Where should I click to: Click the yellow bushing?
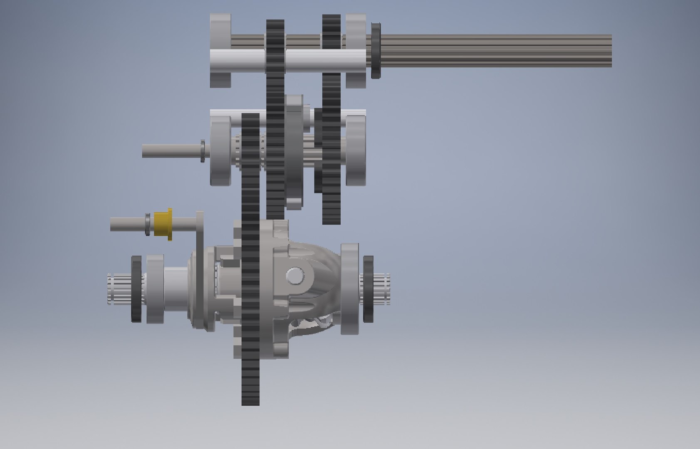[x=163, y=224]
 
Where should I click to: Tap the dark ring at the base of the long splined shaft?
[x=376, y=50]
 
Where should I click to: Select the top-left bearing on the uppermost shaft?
[x=220, y=51]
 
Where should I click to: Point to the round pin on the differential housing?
[x=295, y=275]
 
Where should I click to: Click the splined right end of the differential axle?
[x=381, y=289]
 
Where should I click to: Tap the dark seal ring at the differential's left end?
[x=137, y=289]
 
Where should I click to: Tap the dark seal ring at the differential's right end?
[x=368, y=289]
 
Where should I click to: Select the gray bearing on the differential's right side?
[x=350, y=289]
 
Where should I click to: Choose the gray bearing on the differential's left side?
[x=155, y=289]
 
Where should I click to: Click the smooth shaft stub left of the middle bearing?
[x=171, y=150]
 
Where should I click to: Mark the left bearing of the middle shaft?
[x=220, y=150]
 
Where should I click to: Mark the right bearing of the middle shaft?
[x=356, y=150]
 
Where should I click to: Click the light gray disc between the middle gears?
[x=294, y=152]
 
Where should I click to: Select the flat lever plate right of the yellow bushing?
[x=200, y=233]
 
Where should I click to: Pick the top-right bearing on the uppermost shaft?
[x=356, y=51]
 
